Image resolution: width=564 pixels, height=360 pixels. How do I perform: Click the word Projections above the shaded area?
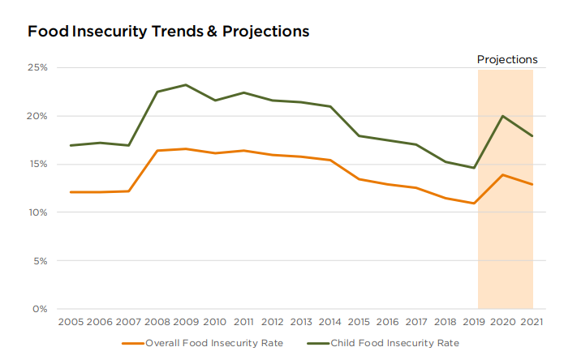point(507,59)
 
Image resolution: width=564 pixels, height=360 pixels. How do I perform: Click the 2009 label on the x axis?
point(186,322)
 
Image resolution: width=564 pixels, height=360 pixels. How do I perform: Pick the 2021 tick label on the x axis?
point(532,322)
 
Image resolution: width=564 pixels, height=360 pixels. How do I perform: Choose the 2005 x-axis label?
point(71,322)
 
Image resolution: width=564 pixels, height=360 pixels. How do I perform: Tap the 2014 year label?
point(330,322)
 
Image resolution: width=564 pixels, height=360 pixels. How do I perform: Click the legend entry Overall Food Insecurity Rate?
point(214,343)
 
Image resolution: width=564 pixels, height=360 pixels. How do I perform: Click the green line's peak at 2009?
point(186,84)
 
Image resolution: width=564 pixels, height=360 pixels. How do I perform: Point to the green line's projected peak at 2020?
point(503,116)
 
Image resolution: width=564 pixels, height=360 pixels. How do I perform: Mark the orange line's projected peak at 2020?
point(503,175)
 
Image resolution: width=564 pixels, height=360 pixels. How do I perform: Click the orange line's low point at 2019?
point(474,204)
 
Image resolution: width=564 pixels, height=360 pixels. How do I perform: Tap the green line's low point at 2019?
point(474,168)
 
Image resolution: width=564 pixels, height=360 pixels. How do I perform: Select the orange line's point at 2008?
point(157,151)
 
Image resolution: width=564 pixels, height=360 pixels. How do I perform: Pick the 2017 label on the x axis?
point(416,322)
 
